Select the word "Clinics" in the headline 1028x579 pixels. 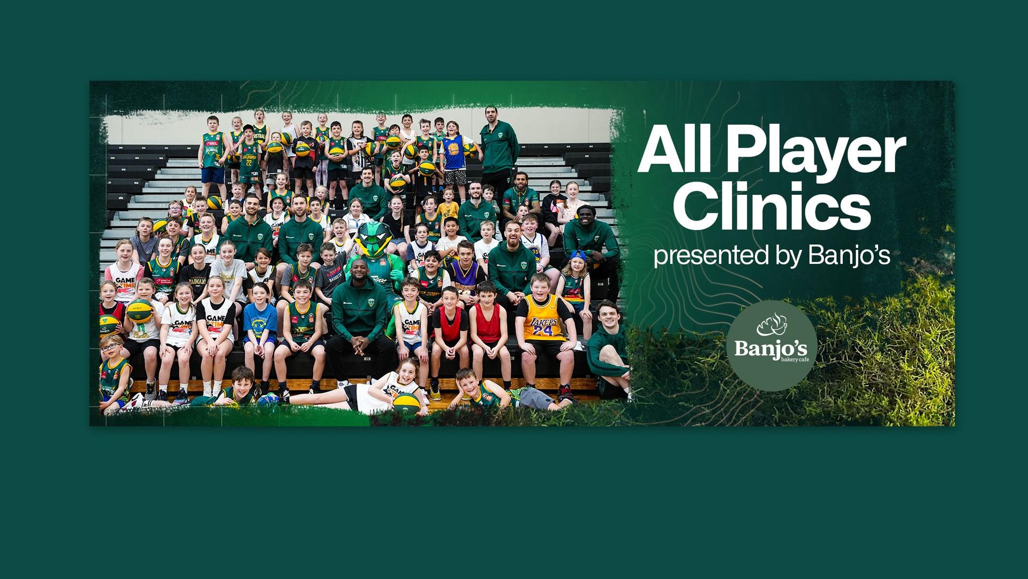771,207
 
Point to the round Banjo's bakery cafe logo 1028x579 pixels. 771,345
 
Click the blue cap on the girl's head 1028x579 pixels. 578,255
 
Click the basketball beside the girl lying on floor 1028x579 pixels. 406,402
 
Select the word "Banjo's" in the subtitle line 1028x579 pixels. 849,256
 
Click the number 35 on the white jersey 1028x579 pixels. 534,250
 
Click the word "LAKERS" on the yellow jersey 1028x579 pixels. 542,321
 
